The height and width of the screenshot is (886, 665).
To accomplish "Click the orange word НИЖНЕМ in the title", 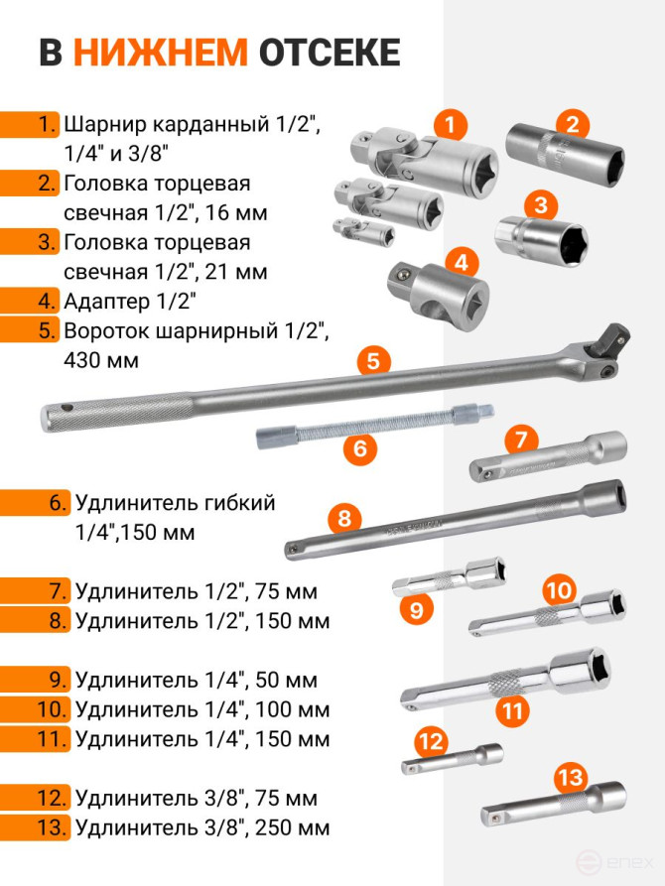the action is pos(161,53).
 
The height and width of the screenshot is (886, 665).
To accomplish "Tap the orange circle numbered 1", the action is pos(451,124).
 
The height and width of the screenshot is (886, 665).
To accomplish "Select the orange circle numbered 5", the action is pos(373,360).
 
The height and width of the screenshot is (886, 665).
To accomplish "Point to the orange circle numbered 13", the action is pos(570,777).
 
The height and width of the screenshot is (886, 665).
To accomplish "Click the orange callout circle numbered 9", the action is pos(416,610).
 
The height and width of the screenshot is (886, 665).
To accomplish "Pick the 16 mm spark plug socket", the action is pos(566,154).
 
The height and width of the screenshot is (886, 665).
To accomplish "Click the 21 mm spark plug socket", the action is pos(541,242).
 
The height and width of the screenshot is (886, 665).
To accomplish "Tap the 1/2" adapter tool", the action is pos(439,296).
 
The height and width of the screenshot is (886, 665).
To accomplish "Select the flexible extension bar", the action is pos(374,426).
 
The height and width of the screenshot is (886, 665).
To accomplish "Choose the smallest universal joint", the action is pos(363,232).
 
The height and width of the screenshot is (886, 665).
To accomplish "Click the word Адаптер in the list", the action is pos(106,302).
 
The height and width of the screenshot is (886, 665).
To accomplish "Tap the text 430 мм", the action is pos(101,360).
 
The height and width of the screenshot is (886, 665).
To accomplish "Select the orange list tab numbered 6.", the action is pos(35,502).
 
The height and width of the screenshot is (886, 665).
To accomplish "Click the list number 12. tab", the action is pos(35,798).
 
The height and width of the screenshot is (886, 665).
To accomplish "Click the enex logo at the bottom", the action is pos(614,863).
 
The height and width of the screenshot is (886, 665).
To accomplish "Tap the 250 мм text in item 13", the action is pos(292,827).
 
